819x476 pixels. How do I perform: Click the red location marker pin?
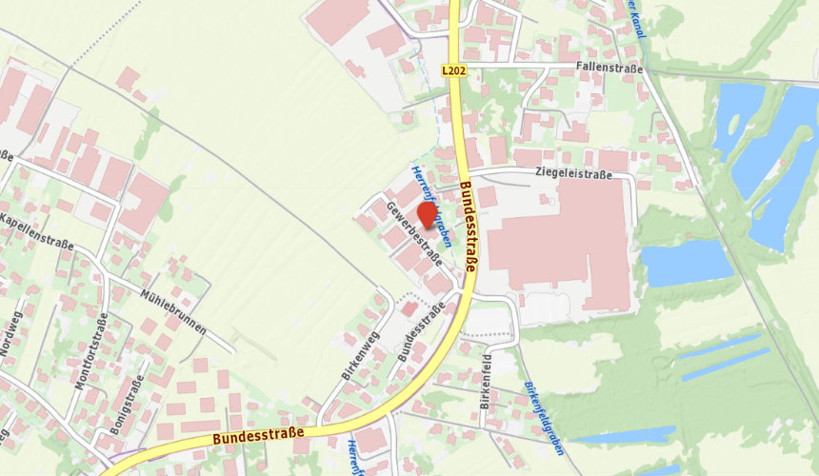click(428, 215)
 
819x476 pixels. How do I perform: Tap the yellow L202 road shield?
click(453, 70)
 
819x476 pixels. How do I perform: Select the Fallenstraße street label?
click(609, 69)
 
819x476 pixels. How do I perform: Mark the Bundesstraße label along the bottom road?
click(258, 436)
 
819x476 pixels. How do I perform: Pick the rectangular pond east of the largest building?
click(687, 263)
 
